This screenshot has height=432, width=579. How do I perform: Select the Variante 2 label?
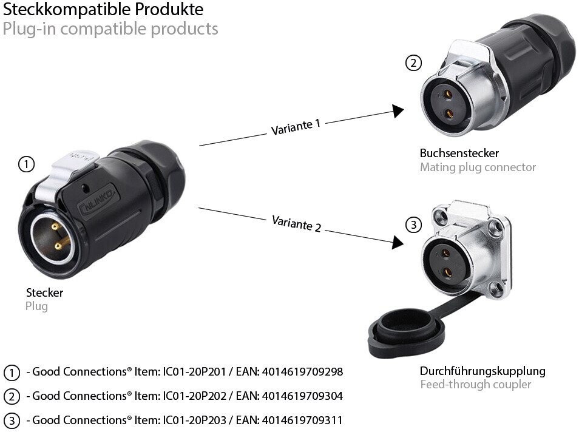(x=297, y=223)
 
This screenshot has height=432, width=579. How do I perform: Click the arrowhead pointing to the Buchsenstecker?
(x=398, y=111)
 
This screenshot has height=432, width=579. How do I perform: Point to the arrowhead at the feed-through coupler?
(x=398, y=242)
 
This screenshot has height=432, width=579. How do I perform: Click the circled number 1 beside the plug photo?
(x=26, y=164)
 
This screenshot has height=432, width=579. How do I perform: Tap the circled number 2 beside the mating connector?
(x=413, y=62)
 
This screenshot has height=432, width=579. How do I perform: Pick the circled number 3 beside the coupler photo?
(x=413, y=226)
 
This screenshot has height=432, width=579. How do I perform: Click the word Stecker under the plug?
(x=44, y=292)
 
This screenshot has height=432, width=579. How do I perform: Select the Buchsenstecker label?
(x=459, y=153)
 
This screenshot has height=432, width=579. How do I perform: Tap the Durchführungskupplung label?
(x=482, y=371)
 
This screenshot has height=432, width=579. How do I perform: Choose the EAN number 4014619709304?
(x=302, y=396)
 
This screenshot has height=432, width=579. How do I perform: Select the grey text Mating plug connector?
(x=478, y=167)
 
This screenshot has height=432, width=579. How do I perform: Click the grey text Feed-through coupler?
(x=475, y=385)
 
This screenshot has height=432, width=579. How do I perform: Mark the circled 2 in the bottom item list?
(x=12, y=396)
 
